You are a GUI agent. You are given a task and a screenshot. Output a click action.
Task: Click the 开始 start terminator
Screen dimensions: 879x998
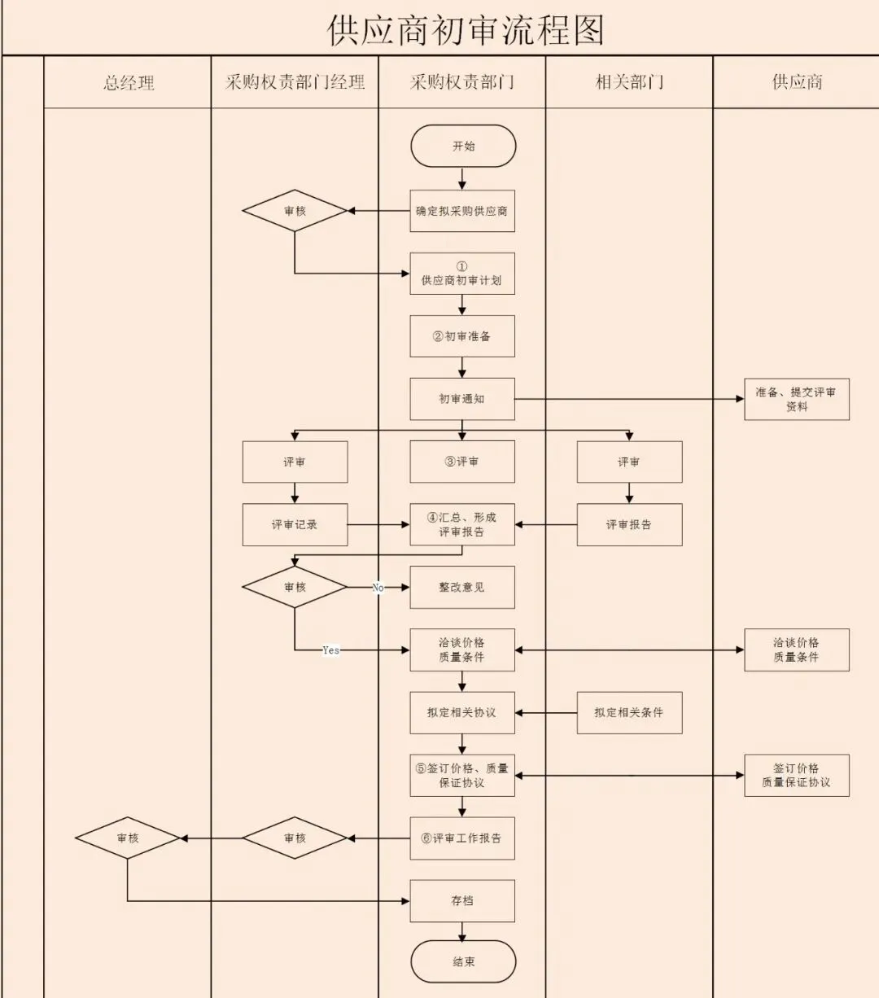(463, 147)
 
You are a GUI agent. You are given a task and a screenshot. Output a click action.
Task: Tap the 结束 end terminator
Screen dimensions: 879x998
(463, 961)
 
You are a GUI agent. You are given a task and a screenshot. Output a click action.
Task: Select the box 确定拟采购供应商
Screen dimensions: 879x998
(462, 211)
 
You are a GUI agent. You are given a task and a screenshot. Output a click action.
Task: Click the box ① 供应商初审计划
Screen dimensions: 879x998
(462, 274)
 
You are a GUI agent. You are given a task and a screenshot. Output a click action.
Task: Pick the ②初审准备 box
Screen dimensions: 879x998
(462, 336)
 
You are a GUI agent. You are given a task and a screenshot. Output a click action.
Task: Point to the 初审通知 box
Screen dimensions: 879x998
(462, 399)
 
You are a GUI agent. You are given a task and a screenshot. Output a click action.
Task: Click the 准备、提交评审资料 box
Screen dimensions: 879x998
(796, 399)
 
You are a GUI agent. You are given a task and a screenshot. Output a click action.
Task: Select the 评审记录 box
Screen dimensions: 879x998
(295, 525)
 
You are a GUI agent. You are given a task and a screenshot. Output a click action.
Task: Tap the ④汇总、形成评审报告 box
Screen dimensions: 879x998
(462, 525)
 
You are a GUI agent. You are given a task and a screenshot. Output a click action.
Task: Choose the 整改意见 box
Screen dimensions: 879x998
(462, 587)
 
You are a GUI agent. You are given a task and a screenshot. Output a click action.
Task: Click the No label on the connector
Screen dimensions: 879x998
(378, 588)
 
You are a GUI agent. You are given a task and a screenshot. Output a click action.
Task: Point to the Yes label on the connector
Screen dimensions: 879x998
(330, 650)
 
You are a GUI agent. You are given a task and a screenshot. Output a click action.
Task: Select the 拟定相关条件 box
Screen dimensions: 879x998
(629, 712)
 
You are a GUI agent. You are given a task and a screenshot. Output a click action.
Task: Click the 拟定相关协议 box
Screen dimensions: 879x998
(462, 712)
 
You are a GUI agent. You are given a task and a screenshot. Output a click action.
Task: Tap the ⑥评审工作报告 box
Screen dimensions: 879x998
(462, 838)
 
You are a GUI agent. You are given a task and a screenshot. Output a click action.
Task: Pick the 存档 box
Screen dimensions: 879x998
(462, 901)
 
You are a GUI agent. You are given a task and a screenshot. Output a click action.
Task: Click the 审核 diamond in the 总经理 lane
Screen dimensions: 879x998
(128, 838)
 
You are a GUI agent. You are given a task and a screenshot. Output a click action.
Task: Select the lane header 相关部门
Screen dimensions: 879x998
(629, 82)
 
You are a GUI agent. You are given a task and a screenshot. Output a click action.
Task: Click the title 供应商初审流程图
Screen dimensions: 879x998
(466, 30)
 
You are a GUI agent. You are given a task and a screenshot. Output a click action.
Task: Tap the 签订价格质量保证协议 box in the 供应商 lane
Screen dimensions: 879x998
(796, 775)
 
